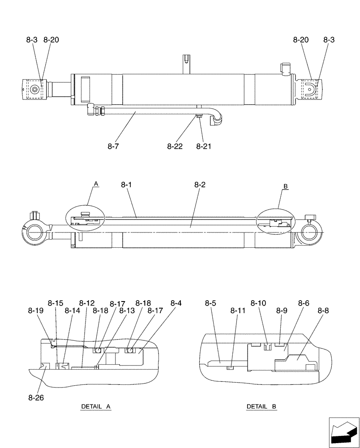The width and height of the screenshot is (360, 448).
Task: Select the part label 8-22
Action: pyautogui.click(x=176, y=146)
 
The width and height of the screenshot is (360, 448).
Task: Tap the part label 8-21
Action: pyautogui.click(x=204, y=146)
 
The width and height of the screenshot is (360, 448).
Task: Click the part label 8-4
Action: pyautogui.click(x=176, y=303)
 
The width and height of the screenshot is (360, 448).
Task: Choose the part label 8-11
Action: pyautogui.click(x=238, y=310)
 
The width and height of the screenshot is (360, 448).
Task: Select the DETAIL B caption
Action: pyautogui.click(x=261, y=407)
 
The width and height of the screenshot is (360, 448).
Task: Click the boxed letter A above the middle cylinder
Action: pyautogui.click(x=95, y=184)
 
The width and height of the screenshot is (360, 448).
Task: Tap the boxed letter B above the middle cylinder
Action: pyautogui.click(x=285, y=186)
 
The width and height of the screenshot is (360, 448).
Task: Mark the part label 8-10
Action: pyautogui.click(x=258, y=303)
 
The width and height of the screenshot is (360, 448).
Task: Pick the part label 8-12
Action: pyautogui.click(x=87, y=303)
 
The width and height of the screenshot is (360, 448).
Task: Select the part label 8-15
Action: pyautogui.click(x=56, y=303)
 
